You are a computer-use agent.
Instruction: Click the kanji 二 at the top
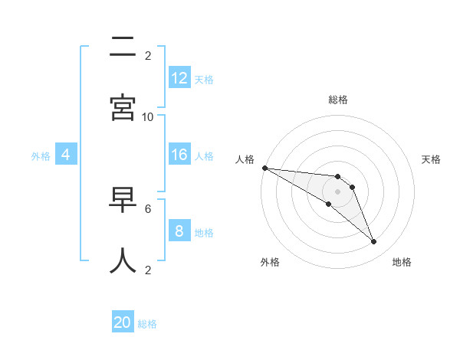pos(123,47)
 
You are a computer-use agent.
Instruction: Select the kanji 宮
pos(123,108)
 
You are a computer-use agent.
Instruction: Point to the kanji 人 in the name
pos(123,260)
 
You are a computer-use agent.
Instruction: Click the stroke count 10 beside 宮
pos(148,116)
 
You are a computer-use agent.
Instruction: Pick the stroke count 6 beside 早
pos(148,208)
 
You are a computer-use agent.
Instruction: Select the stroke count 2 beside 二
pos(148,55)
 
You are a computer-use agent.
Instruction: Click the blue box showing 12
pos(179,78)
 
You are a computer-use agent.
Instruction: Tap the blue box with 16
pos(179,155)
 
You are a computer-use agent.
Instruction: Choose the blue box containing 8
pos(179,231)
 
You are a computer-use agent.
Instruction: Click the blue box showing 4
pos(66,155)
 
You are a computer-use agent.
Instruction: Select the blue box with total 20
pos(123,323)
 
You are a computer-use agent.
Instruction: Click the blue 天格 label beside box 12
pos(204,80)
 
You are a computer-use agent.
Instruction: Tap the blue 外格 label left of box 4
pos(41,156)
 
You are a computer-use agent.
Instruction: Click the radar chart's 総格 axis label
pos(338,100)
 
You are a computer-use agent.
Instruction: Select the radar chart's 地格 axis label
pos(402,262)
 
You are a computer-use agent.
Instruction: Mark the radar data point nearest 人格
pos(264,168)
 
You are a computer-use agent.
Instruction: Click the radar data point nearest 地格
pos(374,242)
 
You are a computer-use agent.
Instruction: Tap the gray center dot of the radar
pos(337,191)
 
